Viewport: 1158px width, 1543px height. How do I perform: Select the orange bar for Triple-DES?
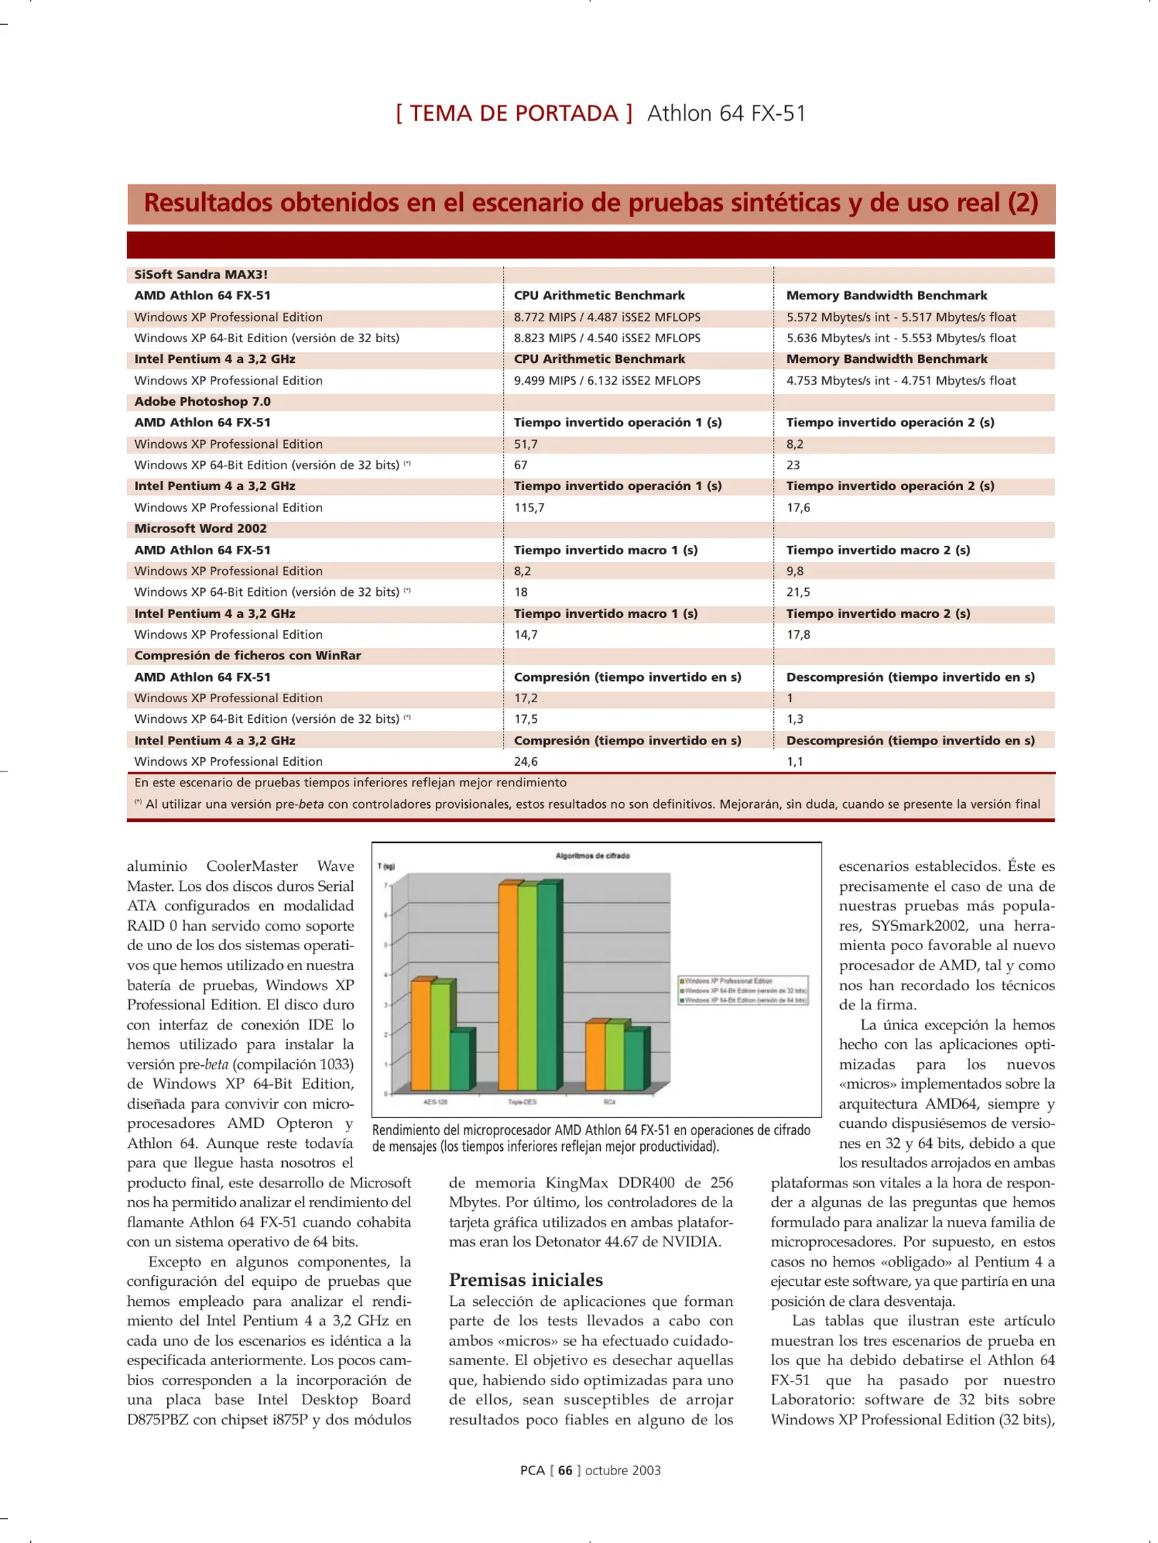(x=508, y=986)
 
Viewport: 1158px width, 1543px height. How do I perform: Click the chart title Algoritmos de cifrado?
(x=592, y=855)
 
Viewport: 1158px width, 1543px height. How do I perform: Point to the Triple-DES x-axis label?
(x=522, y=1102)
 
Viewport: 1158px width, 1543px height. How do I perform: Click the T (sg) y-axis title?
(x=386, y=867)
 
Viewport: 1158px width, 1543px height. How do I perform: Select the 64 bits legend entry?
(x=745, y=1000)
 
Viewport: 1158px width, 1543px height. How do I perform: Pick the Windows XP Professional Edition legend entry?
(x=728, y=981)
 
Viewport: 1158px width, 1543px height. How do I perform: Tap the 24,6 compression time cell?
(x=526, y=761)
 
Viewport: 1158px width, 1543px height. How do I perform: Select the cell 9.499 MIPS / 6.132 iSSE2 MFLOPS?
(x=607, y=381)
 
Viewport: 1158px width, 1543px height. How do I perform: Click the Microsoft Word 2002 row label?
(x=201, y=529)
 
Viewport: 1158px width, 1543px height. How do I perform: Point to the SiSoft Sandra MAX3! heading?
(x=201, y=274)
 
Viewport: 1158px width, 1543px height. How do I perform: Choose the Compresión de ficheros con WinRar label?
(x=247, y=656)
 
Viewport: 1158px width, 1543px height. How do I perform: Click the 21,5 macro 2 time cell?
(x=798, y=592)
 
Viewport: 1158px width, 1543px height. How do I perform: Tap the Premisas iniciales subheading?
(x=525, y=1279)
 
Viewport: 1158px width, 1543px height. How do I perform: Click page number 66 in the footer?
(x=565, y=1470)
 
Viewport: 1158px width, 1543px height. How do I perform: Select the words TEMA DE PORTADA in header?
(x=514, y=114)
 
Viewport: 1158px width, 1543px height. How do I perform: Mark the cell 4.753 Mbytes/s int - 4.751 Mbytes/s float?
(x=901, y=381)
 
